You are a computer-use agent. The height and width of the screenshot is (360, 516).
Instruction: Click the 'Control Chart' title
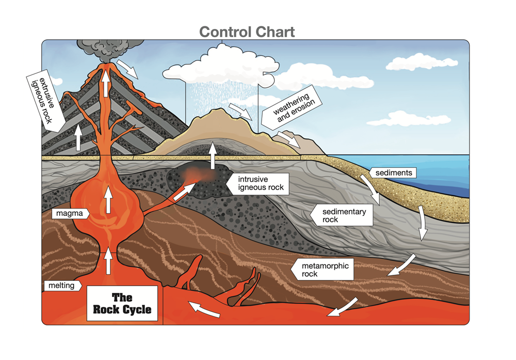(x=247, y=32)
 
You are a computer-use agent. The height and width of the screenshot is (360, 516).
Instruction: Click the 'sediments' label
(x=394, y=173)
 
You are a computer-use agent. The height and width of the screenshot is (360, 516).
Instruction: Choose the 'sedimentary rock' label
(x=341, y=215)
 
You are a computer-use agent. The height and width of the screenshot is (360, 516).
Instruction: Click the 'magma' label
(x=71, y=213)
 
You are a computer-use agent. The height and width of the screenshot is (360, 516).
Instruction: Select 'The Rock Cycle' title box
(x=122, y=304)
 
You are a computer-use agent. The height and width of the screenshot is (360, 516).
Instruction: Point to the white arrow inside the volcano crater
(x=105, y=83)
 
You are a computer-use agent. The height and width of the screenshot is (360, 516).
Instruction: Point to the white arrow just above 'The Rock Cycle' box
(x=108, y=262)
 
